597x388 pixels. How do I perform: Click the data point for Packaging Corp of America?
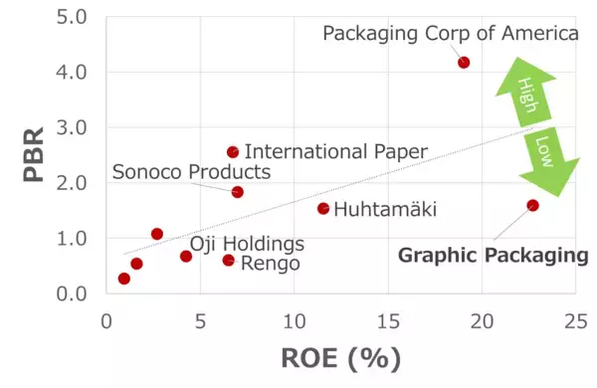pyautogui.click(x=464, y=63)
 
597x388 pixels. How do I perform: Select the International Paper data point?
pyautogui.click(x=233, y=152)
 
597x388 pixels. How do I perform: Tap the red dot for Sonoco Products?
pyautogui.click(x=237, y=192)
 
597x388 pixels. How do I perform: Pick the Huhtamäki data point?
pyautogui.click(x=323, y=208)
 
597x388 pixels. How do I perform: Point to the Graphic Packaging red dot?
pyautogui.click(x=533, y=205)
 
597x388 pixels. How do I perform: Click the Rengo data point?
pyautogui.click(x=229, y=261)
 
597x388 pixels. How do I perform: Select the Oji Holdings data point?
pyautogui.click(x=186, y=256)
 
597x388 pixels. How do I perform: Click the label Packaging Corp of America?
pyautogui.click(x=451, y=34)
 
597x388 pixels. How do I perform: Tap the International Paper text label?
pyautogui.click(x=335, y=152)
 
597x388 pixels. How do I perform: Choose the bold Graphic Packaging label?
pyautogui.click(x=494, y=256)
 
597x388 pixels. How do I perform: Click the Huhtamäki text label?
pyautogui.click(x=385, y=209)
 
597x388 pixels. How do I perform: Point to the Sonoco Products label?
pyautogui.click(x=191, y=171)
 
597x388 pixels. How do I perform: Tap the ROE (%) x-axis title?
pyautogui.click(x=341, y=358)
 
